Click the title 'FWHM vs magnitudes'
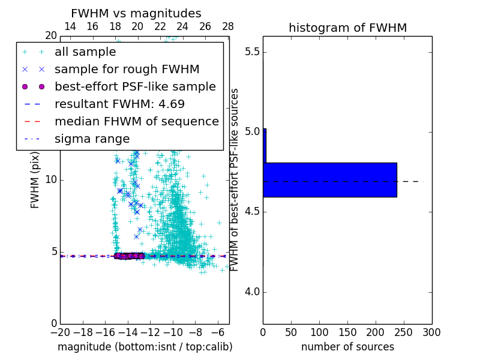point(136,13)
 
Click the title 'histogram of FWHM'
point(347,28)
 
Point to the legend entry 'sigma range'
point(92,139)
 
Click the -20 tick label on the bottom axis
point(60,332)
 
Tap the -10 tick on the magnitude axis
point(173,332)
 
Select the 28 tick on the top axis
point(228,26)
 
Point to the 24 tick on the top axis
point(182,26)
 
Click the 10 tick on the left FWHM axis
point(51,180)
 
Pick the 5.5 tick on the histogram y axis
point(252,52)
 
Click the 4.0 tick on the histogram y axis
point(252,292)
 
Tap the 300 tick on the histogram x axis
point(431,332)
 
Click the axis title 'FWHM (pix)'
point(35,180)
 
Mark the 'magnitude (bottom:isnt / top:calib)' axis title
point(145,347)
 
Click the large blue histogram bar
point(330,179)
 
